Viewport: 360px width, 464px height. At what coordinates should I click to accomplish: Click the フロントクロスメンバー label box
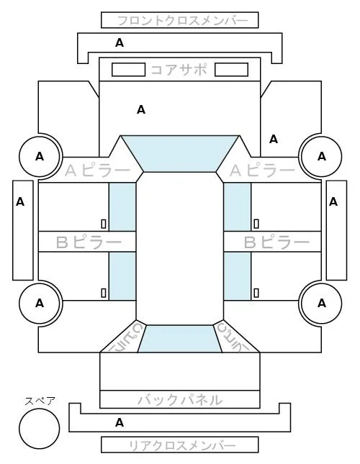point(180,20)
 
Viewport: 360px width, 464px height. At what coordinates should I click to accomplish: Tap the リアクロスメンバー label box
point(180,445)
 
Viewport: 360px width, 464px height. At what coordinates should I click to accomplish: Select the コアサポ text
point(179,70)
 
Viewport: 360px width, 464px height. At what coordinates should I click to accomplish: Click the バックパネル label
point(180,400)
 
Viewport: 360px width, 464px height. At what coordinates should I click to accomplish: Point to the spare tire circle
point(40,429)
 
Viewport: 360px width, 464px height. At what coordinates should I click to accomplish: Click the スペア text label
point(40,401)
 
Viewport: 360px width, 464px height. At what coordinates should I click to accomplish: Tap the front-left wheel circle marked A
point(40,156)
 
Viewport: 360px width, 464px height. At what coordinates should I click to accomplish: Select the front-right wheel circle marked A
point(322,156)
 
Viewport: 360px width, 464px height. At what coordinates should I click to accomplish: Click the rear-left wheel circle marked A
point(40,304)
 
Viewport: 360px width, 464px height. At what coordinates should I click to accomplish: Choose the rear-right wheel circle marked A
point(322,304)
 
